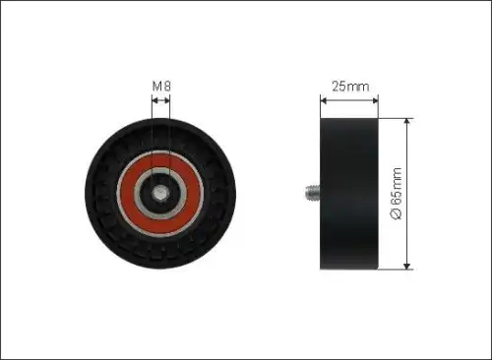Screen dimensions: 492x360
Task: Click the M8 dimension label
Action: tap(161, 87)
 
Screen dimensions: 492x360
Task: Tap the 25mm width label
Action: tap(350, 87)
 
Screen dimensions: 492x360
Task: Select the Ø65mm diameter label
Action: tap(396, 194)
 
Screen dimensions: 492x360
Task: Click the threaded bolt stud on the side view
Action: tap(312, 192)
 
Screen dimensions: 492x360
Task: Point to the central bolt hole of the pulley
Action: tap(160, 193)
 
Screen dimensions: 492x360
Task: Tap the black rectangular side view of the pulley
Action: tap(349, 194)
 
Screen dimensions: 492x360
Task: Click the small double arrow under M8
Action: tap(161, 100)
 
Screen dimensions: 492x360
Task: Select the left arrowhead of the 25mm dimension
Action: tap(324, 100)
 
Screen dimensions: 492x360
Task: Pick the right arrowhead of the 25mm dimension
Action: tap(375, 100)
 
